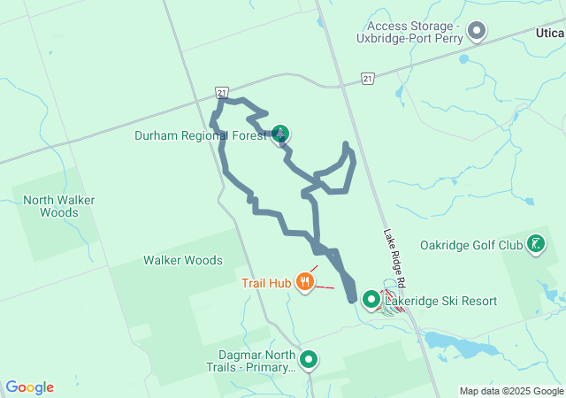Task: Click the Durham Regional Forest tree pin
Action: click(x=280, y=134)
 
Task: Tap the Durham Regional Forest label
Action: click(x=200, y=136)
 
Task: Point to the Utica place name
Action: click(x=549, y=32)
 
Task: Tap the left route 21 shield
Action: click(x=221, y=92)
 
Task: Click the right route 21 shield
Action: click(x=367, y=79)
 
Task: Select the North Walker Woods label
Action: click(x=59, y=206)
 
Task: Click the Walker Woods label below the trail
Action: click(x=183, y=261)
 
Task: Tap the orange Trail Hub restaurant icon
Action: click(x=305, y=283)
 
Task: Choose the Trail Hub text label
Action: click(x=266, y=284)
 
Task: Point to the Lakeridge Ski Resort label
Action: click(x=440, y=302)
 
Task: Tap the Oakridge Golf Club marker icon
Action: click(x=536, y=244)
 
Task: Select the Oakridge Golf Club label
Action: click(x=471, y=245)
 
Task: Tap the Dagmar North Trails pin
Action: click(x=309, y=360)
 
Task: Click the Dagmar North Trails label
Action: click(x=248, y=361)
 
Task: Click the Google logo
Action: click(x=30, y=387)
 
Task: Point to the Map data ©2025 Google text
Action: click(x=511, y=391)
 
